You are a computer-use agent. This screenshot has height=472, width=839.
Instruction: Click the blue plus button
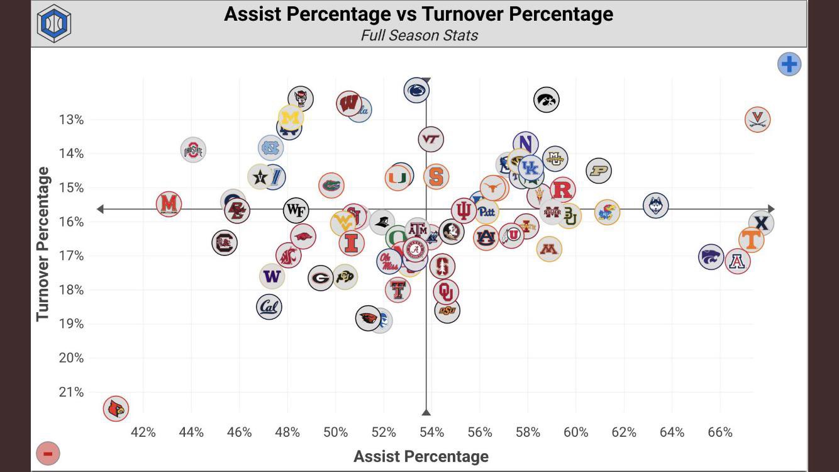[x=789, y=64]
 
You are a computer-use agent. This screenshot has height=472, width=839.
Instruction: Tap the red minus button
[x=48, y=452]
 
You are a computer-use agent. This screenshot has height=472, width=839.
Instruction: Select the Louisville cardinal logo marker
[x=116, y=409]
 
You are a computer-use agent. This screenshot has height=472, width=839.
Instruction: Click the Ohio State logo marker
[x=193, y=150]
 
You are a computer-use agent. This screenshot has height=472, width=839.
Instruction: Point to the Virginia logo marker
[x=758, y=119]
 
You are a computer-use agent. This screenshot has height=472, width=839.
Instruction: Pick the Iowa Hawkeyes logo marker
[x=547, y=99]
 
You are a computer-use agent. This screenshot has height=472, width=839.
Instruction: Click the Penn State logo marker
[x=416, y=91]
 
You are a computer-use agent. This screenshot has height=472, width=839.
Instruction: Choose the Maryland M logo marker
[x=169, y=204]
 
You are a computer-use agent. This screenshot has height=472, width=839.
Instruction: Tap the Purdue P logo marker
[x=599, y=171]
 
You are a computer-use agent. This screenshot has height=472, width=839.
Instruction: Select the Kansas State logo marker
[x=711, y=257]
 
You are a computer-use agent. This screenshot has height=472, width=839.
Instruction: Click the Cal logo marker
[x=269, y=307]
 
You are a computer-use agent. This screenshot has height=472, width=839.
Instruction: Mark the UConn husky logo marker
[x=656, y=205]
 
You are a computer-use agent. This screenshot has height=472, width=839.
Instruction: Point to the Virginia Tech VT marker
[x=431, y=139]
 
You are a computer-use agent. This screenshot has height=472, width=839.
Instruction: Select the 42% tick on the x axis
[x=143, y=432]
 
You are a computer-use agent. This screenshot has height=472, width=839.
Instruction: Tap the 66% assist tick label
[x=720, y=432]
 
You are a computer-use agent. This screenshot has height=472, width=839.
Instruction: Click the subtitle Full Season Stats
[x=419, y=35]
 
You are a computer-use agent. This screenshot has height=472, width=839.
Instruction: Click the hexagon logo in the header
[x=54, y=24]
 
